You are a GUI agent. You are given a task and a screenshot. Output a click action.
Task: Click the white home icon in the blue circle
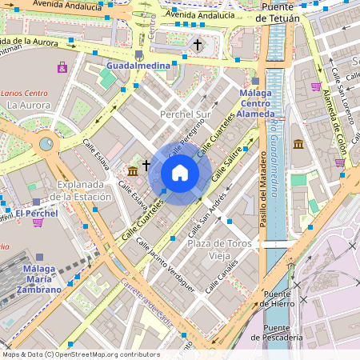click(x=180, y=173)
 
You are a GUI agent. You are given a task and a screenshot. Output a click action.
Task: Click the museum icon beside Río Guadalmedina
click(x=298, y=145)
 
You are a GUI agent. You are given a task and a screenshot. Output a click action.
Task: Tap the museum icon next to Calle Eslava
click(x=132, y=170)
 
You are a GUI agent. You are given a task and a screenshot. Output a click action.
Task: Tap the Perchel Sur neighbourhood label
click(x=185, y=114)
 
